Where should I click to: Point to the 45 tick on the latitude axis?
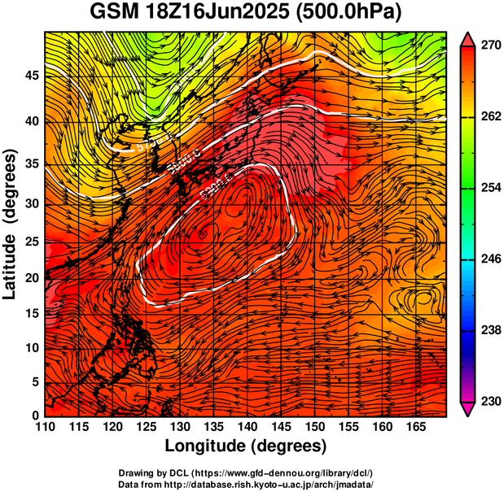[x=31, y=76]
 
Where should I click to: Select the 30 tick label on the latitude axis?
[x=31, y=203]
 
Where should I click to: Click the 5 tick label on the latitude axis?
[x=35, y=381]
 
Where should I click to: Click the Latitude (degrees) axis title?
[x=11, y=224]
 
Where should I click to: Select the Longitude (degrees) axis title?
[x=246, y=446]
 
